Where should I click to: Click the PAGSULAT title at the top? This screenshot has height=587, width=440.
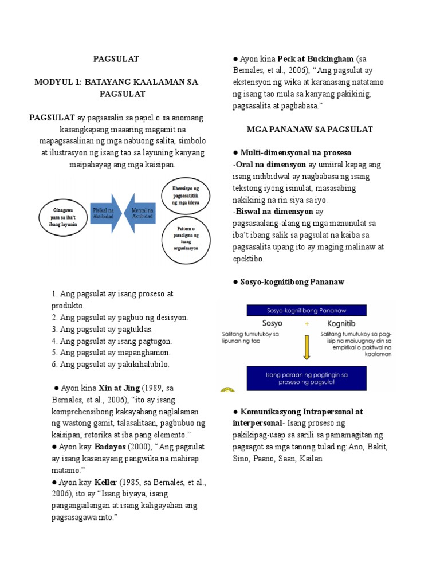coord(116,58)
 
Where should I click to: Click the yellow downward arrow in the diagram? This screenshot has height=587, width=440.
coord(307,346)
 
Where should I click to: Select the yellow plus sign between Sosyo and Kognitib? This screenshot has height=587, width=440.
coord(307,324)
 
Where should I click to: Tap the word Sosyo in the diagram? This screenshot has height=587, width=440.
coord(272,324)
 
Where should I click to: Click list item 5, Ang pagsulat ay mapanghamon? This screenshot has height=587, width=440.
coord(111,353)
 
